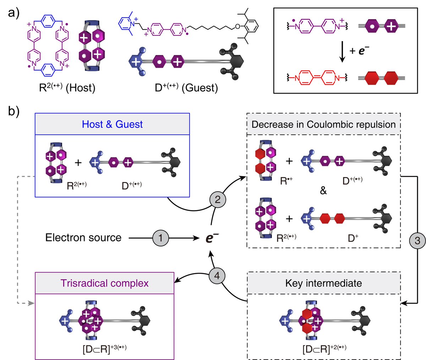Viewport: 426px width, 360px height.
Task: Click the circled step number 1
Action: (160, 238)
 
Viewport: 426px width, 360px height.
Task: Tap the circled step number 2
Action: (218, 199)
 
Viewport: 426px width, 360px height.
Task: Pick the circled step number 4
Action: (218, 275)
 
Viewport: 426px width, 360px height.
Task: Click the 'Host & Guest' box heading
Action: (112, 124)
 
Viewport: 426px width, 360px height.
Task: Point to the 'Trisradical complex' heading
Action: (104, 283)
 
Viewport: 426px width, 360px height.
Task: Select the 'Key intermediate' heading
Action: (323, 283)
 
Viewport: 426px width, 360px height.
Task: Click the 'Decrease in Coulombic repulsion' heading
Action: (323, 124)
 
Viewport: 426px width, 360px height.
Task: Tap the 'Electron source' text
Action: (83, 238)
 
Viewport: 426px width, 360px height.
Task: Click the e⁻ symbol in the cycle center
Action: (210, 238)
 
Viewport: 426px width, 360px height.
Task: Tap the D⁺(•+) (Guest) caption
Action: (186, 87)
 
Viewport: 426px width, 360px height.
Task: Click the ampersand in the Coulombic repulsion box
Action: (323, 191)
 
